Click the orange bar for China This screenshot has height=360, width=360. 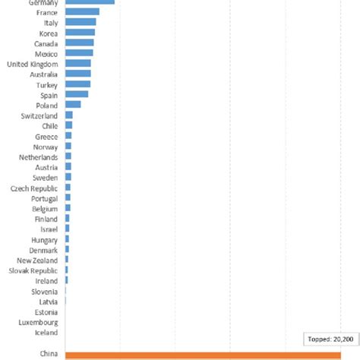(203, 355)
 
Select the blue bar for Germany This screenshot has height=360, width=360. (90, 2)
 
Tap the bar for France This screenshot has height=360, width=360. (82, 12)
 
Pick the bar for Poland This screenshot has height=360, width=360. (73, 105)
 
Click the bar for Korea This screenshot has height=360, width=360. (80, 33)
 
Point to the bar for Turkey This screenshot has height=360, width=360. (77, 84)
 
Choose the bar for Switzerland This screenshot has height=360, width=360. (69, 115)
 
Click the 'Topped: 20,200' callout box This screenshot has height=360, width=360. (330, 339)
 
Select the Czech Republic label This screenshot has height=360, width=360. (34, 188)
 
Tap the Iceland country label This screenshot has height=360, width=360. (46, 332)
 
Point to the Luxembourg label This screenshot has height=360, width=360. (38, 322)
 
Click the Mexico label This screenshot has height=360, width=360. (46, 54)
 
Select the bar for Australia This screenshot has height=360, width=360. (78, 74)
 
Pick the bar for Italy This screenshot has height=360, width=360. (81, 23)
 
